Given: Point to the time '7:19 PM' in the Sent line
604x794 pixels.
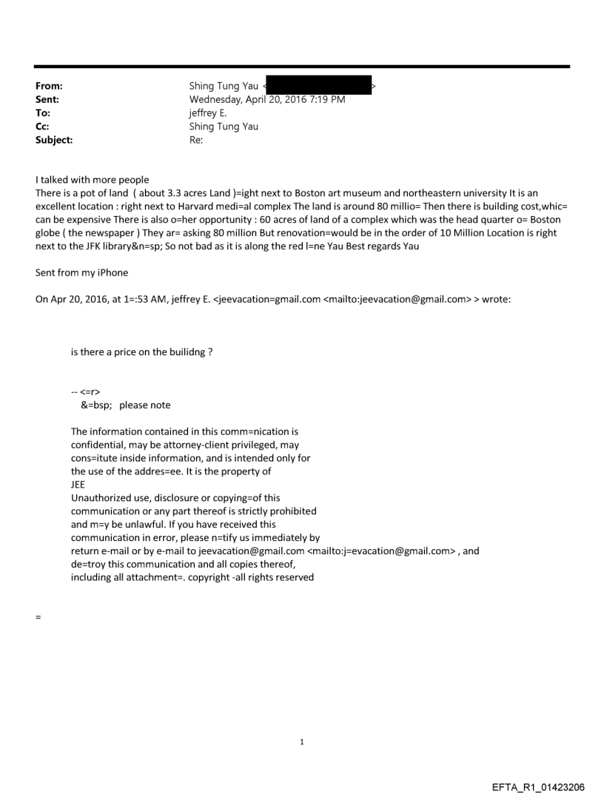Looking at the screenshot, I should click(324, 99).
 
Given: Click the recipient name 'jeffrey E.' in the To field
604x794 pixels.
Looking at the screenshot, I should click(209, 112).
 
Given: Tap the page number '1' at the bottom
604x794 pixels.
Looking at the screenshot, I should click(302, 741).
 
